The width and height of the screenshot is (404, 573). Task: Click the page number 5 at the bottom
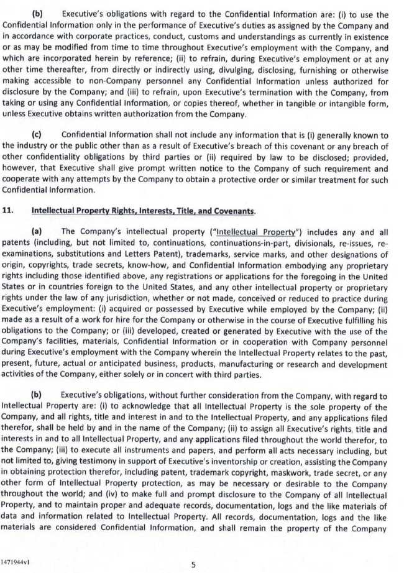(193, 565)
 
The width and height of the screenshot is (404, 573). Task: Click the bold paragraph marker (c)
(37, 135)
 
